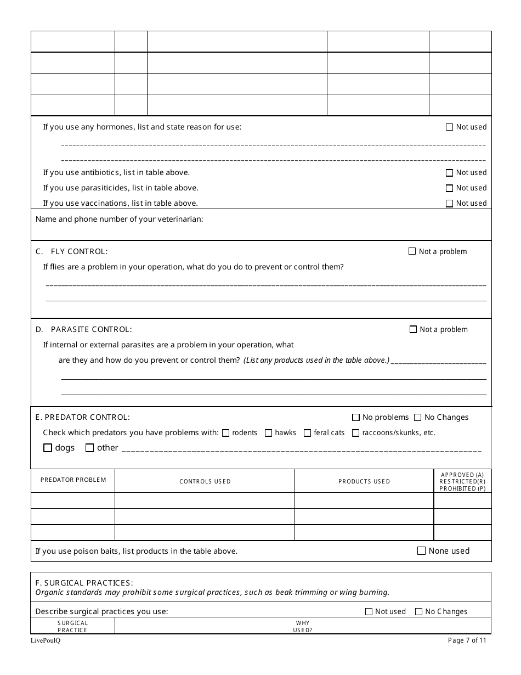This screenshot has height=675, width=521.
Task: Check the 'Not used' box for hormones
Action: [x=450, y=127]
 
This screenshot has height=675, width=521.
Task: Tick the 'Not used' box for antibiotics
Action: [x=450, y=173]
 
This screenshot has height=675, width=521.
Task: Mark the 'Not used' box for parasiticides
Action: [x=450, y=188]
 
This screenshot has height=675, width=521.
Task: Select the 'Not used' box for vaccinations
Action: [x=450, y=204]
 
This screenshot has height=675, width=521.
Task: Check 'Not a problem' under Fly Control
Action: [x=412, y=251]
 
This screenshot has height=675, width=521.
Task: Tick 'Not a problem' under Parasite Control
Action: [x=413, y=329]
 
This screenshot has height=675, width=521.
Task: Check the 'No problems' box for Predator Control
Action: [x=356, y=417]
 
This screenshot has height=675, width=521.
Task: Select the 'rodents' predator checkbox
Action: [x=226, y=433]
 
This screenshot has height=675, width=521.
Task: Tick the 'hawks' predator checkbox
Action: [x=269, y=433]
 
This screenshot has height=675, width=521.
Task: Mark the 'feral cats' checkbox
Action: [x=308, y=433]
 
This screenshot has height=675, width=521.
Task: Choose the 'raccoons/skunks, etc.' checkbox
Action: [x=356, y=433]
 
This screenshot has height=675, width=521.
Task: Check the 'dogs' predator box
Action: [x=48, y=448]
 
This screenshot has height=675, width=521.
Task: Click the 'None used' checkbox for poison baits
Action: [x=422, y=551]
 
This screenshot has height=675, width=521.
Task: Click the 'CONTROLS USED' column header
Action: [x=205, y=481]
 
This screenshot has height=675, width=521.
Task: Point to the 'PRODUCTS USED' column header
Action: [x=364, y=481]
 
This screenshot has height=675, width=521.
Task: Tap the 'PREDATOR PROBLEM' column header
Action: [x=73, y=480]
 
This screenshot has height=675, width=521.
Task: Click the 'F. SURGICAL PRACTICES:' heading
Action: [x=84, y=583]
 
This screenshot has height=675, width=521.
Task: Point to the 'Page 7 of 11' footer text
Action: [x=467, y=640]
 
